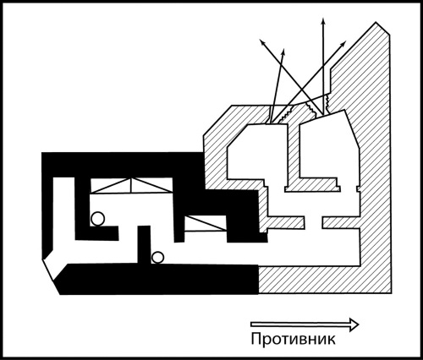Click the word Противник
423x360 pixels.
pyautogui.click(x=293, y=339)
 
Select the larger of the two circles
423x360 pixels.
pyautogui.click(x=97, y=219)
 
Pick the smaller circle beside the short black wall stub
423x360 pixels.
pyautogui.click(x=157, y=257)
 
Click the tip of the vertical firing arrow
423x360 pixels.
pyautogui.click(x=323, y=18)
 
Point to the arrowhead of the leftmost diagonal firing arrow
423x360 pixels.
pyautogui.click(x=261, y=41)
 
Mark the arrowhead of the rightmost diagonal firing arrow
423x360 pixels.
pyautogui.click(x=345, y=41)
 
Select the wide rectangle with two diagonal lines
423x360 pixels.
pyautogui.click(x=131, y=186)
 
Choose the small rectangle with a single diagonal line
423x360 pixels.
pyautogui.click(x=206, y=223)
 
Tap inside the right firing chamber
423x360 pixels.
pyautogui.click(x=328, y=145)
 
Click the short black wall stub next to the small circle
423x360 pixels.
pyautogui.click(x=144, y=244)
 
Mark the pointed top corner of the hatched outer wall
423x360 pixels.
pyautogui.click(x=376, y=22)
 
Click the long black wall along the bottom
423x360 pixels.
pyautogui.click(x=158, y=280)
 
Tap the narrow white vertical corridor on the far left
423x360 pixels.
pyautogui.click(x=64, y=214)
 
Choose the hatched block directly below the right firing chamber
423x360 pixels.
pyautogui.click(x=312, y=185)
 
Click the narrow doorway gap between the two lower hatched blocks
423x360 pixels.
pyautogui.click(x=313, y=222)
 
